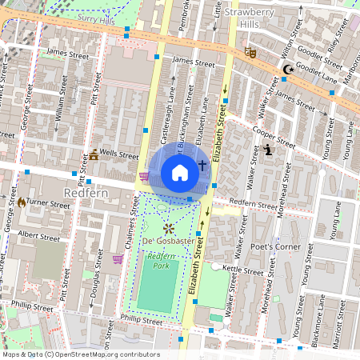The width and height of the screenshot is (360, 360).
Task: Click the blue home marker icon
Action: pyautogui.click(x=180, y=172)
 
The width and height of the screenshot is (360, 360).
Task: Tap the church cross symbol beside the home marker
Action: pyautogui.click(x=202, y=166)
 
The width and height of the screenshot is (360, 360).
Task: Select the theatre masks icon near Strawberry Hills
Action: pyautogui.click(x=250, y=52)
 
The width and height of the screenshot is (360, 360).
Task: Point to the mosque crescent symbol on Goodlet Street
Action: pyautogui.click(x=287, y=70)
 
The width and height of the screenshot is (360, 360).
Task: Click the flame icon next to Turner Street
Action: pyautogui.click(x=21, y=202)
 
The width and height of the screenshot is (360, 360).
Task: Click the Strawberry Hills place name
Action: pyautogui.click(x=256, y=18)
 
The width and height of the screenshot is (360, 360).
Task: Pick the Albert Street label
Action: pyautogui.click(x=39, y=237)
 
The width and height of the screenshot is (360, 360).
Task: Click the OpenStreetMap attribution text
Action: pyautogui.click(x=80, y=354)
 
